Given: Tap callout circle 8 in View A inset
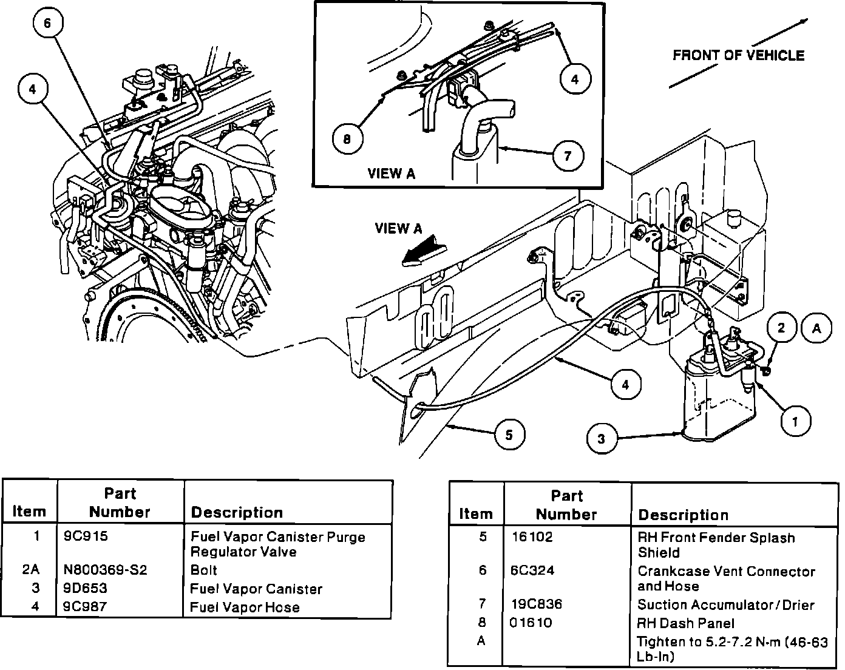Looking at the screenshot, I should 346,139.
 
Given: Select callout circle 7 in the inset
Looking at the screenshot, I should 567,156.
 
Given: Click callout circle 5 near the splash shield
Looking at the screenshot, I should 508,435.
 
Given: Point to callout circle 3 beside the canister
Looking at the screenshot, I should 601,439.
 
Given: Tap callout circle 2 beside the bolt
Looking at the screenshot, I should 781,328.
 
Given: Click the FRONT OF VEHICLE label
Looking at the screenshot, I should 738,56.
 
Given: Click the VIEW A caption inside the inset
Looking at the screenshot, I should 392,174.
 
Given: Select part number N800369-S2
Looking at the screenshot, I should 105,570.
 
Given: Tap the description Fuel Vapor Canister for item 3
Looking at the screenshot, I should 256,589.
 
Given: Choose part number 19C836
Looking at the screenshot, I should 537,604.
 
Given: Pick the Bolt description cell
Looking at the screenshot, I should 203,570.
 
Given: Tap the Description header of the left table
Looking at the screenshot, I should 237,513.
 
